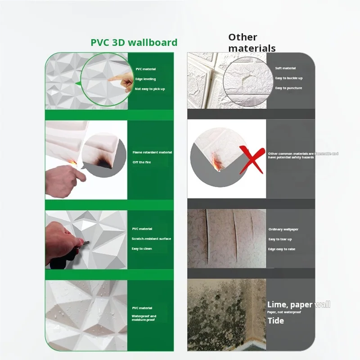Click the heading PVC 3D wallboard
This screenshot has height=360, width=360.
[134, 43]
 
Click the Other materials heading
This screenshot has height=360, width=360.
[252, 43]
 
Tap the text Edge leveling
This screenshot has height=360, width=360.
[145, 79]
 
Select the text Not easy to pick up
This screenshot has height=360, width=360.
[150, 89]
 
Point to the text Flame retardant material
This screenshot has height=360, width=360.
[152, 152]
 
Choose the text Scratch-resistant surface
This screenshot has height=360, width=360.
[151, 238]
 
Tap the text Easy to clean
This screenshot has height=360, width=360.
[142, 248]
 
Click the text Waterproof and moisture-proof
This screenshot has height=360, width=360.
[144, 318]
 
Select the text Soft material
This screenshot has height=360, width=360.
[285, 68]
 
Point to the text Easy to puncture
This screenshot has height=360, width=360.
[288, 88]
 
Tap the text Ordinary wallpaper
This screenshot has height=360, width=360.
[283, 229]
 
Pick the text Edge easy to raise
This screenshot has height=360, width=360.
[282, 249]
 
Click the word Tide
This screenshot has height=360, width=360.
[275, 320]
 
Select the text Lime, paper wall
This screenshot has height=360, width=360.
[298, 305]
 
